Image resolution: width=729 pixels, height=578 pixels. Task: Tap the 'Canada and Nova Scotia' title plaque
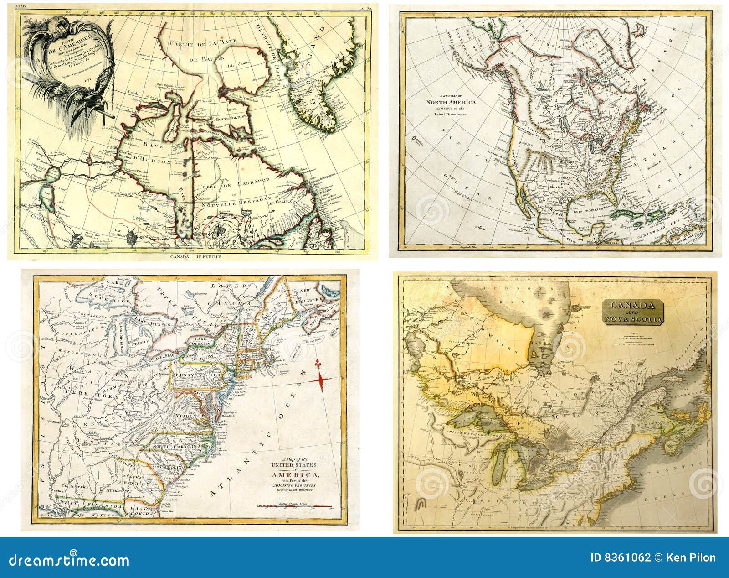[x=634, y=312]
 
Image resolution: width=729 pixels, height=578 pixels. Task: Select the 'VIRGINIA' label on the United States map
[x=190, y=416]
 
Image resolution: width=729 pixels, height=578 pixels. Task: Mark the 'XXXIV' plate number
[x=23, y=7]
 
